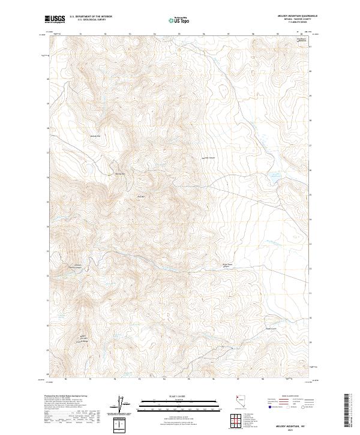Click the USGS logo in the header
pos(55,19)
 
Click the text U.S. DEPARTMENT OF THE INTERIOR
pos(91,16)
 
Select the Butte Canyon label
pos(208,158)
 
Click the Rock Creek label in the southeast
pos(271,328)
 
